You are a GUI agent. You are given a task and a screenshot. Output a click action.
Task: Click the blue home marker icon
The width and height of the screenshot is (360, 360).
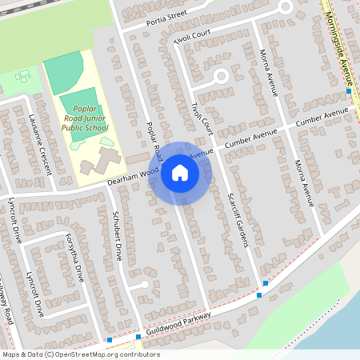point(180,172)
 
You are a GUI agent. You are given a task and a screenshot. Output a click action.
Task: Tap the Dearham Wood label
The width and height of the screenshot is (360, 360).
point(131,177)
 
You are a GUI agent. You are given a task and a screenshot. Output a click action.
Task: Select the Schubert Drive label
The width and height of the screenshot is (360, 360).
point(122,236)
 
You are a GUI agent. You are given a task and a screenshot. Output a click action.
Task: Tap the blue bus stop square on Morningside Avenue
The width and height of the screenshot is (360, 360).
point(349,91)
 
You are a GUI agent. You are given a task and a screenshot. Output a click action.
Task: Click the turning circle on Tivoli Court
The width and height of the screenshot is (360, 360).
point(221,77)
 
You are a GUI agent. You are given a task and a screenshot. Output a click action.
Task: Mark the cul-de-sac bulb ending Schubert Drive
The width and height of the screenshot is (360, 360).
point(142,285)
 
